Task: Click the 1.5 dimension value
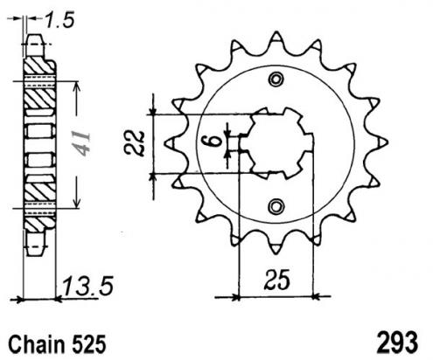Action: (60, 20)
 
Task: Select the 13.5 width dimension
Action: (87, 287)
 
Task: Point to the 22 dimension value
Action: (135, 143)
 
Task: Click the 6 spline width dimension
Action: (214, 142)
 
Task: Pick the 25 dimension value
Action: (277, 280)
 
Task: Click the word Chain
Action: (37, 345)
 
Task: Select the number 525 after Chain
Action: (87, 345)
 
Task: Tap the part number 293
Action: (397, 343)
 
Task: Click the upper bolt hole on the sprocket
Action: (276, 80)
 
